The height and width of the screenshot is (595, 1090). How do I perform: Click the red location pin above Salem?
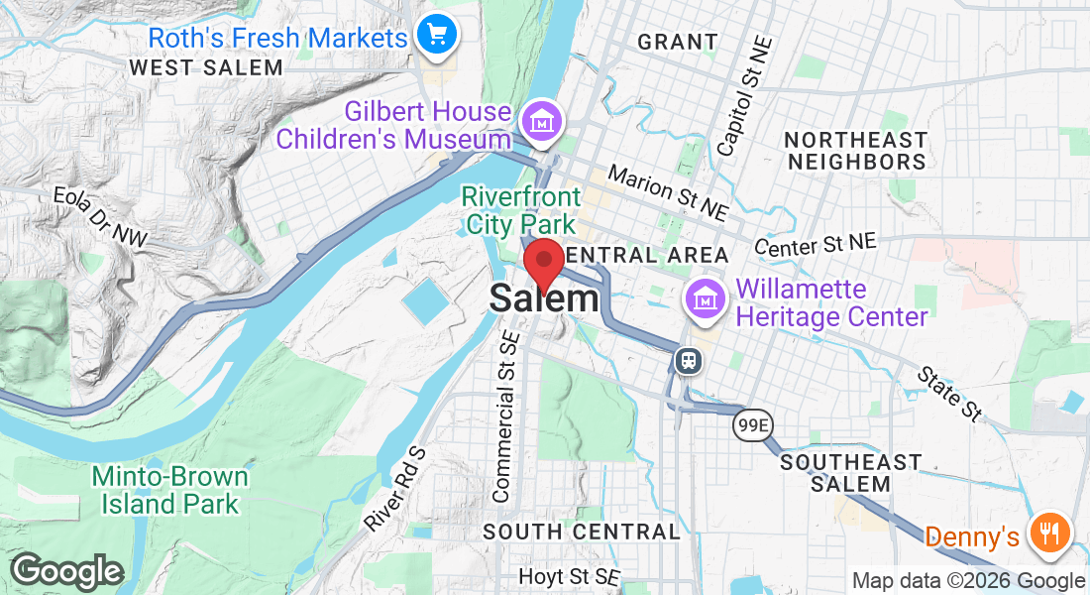pyautogui.click(x=543, y=263)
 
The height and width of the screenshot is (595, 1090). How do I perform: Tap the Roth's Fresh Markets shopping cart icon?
pyautogui.click(x=436, y=37)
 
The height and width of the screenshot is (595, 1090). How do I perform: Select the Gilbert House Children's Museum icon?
pyautogui.click(x=542, y=123)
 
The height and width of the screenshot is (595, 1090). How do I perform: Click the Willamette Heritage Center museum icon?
pyautogui.click(x=705, y=297)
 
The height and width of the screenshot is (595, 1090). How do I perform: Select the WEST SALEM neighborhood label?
pyautogui.click(x=206, y=67)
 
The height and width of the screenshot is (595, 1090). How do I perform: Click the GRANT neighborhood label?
pyautogui.click(x=678, y=42)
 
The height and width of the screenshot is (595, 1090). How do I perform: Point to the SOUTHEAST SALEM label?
pyautogui.click(x=850, y=473)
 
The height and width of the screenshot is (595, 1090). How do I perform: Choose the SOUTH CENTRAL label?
pyautogui.click(x=582, y=532)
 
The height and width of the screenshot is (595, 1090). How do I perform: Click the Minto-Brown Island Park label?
pyautogui.click(x=169, y=490)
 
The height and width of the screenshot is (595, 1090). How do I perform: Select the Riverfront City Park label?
pyautogui.click(x=519, y=210)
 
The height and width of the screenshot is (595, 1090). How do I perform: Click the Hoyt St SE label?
pyautogui.click(x=569, y=577)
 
